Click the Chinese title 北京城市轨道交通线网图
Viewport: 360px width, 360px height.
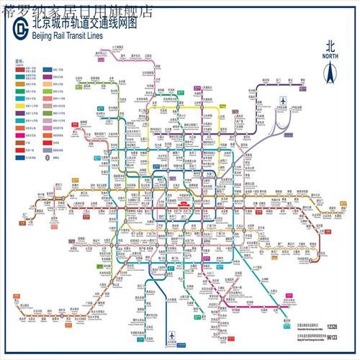coord(84,25)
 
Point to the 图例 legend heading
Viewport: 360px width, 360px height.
coord(19,63)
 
